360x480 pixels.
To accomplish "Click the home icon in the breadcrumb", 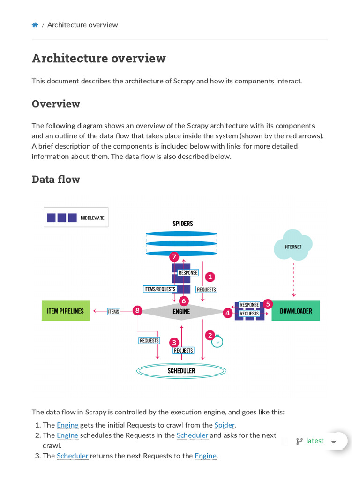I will tap(35, 25).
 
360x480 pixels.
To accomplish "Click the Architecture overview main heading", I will tap(98, 59).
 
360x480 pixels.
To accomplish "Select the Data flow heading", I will tap(56, 179).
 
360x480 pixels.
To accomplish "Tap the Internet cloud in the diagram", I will tap(293, 245).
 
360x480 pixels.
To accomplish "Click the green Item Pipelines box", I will tap(66, 311).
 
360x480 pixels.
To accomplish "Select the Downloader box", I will tap(296, 311).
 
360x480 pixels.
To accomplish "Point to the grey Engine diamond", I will tap(181, 311).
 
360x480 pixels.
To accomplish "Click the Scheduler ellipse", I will tap(181, 371).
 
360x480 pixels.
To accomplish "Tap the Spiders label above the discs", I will tap(183, 224).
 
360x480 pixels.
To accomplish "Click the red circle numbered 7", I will tap(174, 257).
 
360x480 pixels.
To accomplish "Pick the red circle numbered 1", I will tap(210, 277).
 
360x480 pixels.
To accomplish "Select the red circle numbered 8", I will tap(137, 310).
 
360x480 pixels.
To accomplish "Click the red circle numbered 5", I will tap(268, 304).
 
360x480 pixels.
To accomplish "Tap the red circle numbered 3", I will tap(174, 342).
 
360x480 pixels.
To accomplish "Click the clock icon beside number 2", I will tap(217, 342).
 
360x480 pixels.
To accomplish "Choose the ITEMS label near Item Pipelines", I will tap(113, 311).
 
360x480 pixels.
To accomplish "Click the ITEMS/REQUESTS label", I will tap(159, 289).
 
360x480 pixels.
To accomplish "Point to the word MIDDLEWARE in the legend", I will tap(92, 218).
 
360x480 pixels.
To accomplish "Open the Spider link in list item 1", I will tap(224, 425).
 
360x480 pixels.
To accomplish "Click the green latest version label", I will tap(315, 441).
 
